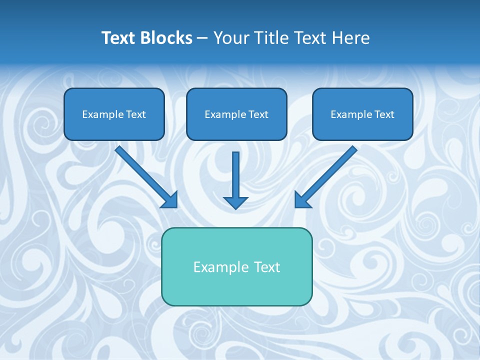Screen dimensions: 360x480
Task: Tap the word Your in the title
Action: (231, 38)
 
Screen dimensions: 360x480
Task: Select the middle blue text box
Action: (236, 129)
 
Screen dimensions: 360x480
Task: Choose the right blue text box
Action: (362, 129)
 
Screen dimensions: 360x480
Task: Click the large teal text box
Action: (237, 287)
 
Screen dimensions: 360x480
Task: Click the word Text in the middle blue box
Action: (258, 114)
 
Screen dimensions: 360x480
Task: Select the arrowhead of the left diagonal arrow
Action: (170, 199)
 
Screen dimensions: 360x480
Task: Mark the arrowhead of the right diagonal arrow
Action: (302, 199)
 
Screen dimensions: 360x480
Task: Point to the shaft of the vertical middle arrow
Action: (235, 172)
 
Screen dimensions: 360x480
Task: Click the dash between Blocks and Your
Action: (202, 38)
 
